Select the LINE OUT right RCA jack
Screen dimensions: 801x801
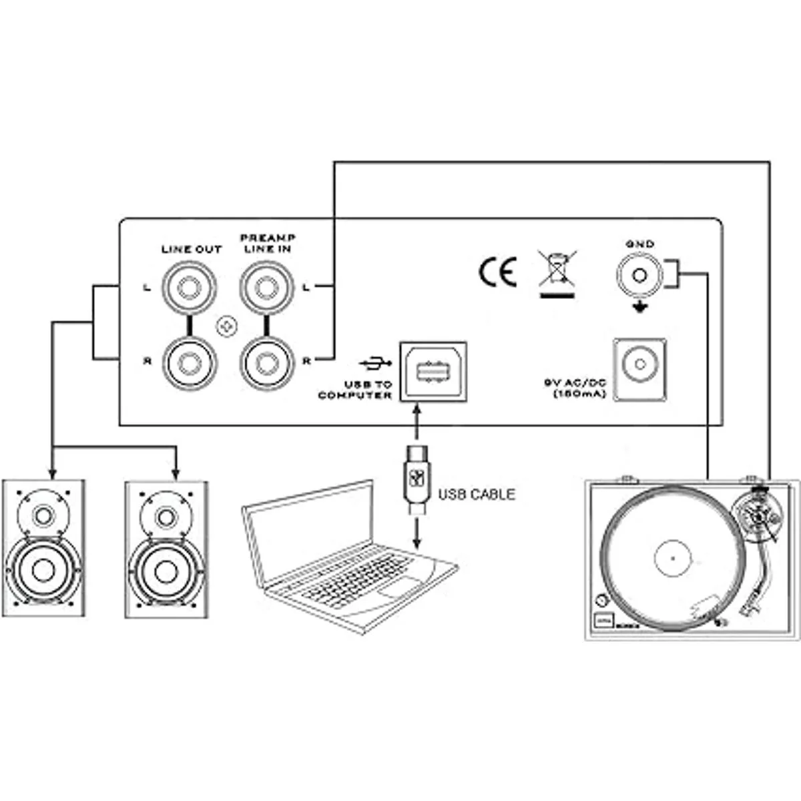192,361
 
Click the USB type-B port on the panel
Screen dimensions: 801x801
433,371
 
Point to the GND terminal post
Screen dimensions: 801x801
639,274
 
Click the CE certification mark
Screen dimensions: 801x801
497,272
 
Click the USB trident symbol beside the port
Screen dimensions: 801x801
376,363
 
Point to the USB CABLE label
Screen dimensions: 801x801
477,495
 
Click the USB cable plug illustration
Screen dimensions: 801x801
417,479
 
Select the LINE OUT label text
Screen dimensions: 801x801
191,249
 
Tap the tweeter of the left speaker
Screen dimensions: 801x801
43,516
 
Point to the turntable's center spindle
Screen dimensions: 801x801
673,558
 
